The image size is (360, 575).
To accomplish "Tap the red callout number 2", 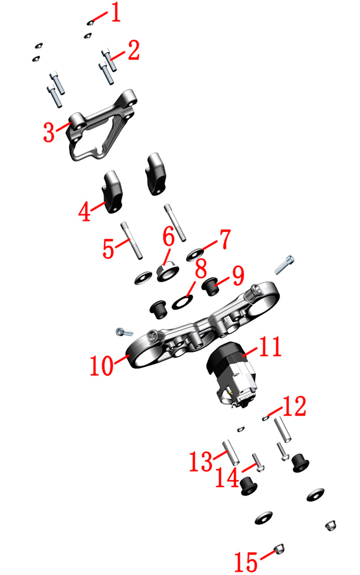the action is [133, 50].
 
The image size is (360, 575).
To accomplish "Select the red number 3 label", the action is [49, 132].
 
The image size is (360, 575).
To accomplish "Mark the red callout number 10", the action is [102, 365].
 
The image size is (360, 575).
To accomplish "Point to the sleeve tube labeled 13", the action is [231, 452].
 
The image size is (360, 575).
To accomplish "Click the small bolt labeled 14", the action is [258, 463].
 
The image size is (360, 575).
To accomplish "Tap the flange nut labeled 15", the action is [278, 549].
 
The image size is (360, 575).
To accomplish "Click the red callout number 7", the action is [224, 239].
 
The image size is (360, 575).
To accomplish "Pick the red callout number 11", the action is [270, 346].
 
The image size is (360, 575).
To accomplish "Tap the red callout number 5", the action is [109, 248].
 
